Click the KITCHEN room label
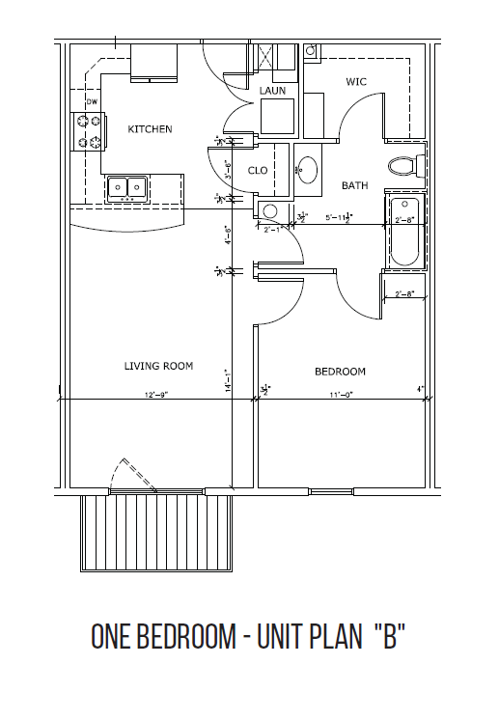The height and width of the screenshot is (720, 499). coord(150,129)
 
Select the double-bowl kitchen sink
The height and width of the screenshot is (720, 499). coord(126,186)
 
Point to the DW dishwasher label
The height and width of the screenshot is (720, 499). coord(93,101)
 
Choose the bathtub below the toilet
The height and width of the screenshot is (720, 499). coord(402,234)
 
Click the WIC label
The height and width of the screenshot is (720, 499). coord(356,82)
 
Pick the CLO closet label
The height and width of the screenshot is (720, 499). coord(258,171)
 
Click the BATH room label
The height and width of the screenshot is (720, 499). coord(353,184)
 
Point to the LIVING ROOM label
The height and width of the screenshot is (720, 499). coord(158,366)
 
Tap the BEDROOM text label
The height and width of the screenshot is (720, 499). coord(341,372)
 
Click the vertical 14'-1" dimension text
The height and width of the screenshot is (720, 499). coord(228,380)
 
